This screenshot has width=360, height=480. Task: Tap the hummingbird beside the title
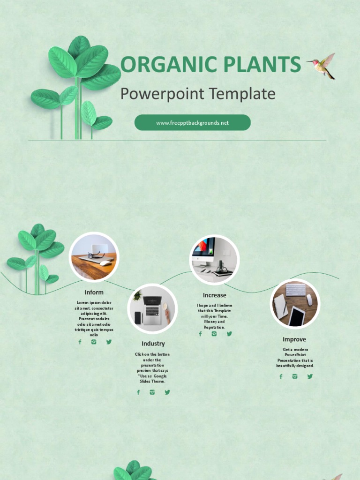(x=322, y=66)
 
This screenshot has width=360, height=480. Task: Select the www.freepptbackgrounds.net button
(x=193, y=123)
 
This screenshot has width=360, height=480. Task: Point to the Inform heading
(x=94, y=292)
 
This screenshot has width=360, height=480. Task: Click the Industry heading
(x=153, y=344)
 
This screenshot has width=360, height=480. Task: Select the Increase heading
(x=214, y=295)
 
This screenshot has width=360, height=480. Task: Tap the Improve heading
(x=294, y=339)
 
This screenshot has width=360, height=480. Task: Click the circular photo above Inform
(x=94, y=257)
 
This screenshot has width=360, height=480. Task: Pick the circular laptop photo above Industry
(x=152, y=308)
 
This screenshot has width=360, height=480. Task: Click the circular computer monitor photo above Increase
(x=214, y=260)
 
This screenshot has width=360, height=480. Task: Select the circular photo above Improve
(x=295, y=304)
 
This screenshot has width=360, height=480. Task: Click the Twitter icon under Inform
(x=109, y=342)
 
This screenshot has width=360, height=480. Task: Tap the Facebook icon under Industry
(x=138, y=392)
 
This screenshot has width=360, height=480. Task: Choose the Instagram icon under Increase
(x=214, y=334)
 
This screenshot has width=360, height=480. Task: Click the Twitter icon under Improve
(x=310, y=376)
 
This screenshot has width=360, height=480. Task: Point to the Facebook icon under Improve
(x=281, y=376)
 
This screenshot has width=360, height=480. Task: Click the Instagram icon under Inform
(x=94, y=342)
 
